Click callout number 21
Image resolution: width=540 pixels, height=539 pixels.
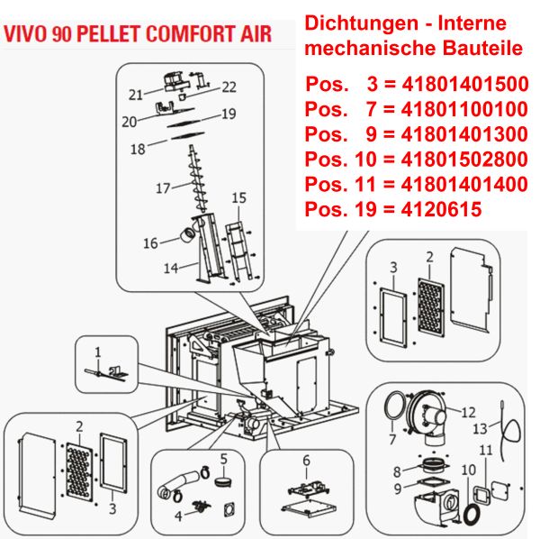pos(136,94)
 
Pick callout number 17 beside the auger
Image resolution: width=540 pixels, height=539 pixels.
pos(162,188)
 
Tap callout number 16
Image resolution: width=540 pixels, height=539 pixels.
pos(150,243)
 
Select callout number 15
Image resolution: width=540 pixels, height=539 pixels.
pos(238,197)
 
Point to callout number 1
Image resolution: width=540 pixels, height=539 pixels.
pos(98,350)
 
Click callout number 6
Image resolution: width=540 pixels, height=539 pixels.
pos(306,460)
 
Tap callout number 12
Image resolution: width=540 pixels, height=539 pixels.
pos(468,413)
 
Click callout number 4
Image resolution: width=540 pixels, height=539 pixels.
pos(178,516)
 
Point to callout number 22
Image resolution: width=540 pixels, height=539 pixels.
pos(229,87)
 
